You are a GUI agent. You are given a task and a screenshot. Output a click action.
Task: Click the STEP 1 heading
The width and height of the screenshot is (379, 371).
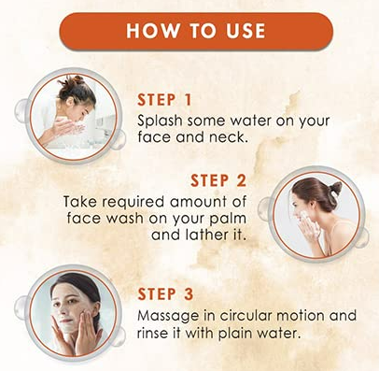click(164, 100)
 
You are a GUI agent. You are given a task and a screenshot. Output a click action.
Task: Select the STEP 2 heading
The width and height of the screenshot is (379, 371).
click(218, 181)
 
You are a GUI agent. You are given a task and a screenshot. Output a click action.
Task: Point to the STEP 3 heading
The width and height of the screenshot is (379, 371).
click(165, 294)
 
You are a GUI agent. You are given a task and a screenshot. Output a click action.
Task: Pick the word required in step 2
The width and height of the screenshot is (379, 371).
click(133, 202)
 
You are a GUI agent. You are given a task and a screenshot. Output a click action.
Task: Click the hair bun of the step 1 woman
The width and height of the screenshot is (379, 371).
click(72, 81)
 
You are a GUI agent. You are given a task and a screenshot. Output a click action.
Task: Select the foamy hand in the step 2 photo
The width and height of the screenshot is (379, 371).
click(303, 219)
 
